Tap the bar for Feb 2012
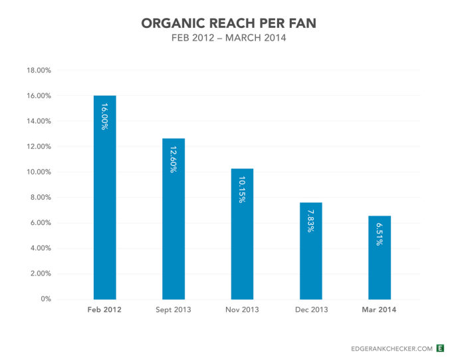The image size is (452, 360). pyautogui.click(x=104, y=200)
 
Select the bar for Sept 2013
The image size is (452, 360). pyautogui.click(x=173, y=220)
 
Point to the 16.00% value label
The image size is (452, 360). pyautogui.click(x=104, y=116)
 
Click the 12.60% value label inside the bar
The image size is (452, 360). pyautogui.click(x=173, y=159)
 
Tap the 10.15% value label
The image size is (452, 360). pyautogui.click(x=242, y=190)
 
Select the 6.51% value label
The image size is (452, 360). pyautogui.click(x=380, y=234)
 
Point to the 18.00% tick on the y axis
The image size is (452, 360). pyautogui.click(x=38, y=70)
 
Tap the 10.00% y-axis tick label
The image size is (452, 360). pyautogui.click(x=38, y=172)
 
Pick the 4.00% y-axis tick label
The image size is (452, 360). pyautogui.click(x=39, y=248)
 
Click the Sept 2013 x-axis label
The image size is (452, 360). pyautogui.click(x=173, y=310)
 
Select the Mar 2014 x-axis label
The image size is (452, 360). pyautogui.click(x=380, y=310)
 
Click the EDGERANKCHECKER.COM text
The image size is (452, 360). pyautogui.click(x=391, y=348)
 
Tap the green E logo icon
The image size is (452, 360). pyautogui.click(x=440, y=348)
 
